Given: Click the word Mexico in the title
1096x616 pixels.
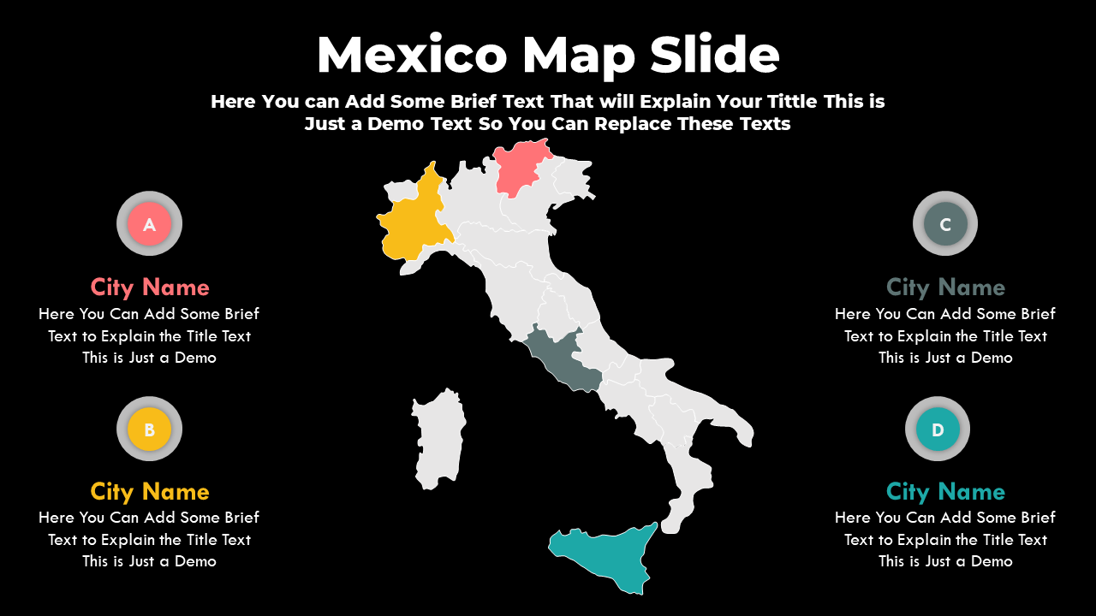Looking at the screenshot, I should click(412, 56).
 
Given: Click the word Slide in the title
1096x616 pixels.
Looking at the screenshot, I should click(714, 56).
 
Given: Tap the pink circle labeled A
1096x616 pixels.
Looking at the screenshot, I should click(149, 224).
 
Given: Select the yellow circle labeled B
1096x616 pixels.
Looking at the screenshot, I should click(149, 429).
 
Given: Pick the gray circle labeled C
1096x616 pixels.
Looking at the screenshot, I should click(945, 224).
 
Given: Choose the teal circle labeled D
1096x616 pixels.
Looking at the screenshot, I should click(938, 429).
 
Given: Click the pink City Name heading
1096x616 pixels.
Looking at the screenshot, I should click(150, 287).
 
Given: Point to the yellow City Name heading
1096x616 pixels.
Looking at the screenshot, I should click(150, 491).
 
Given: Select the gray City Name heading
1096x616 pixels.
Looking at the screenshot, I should click(945, 287).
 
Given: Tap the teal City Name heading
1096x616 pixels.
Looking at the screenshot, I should click(945, 491).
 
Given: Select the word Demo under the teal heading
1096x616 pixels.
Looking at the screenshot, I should click(992, 561).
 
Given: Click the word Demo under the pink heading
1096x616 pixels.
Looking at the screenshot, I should click(195, 358).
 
